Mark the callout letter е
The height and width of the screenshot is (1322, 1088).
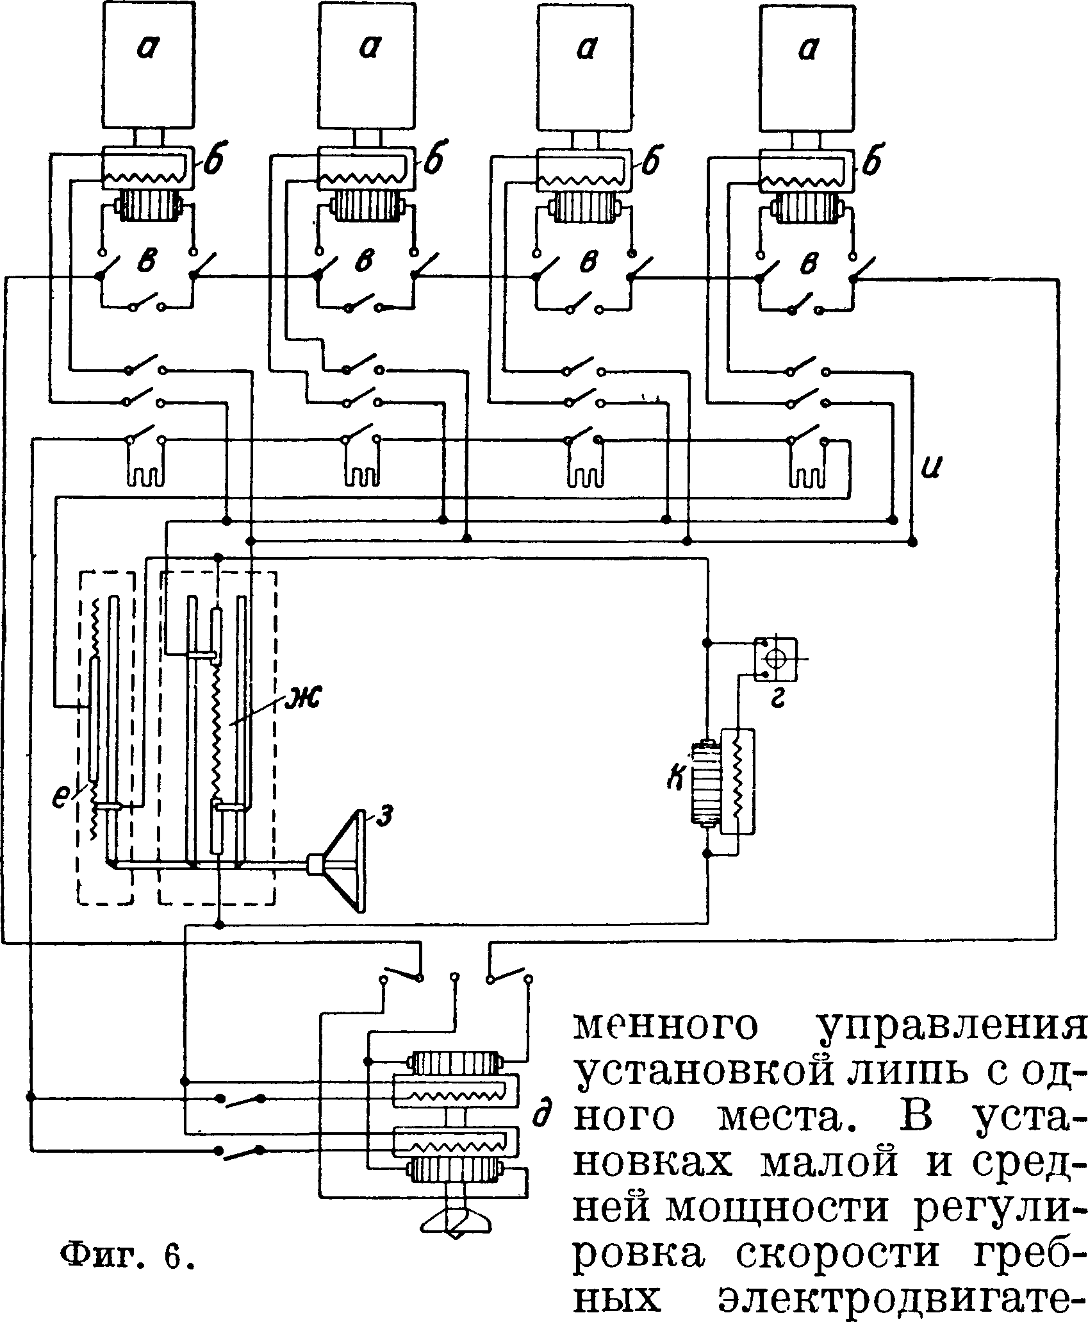point(60,798)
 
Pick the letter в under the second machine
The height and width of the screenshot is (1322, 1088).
point(367,264)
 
